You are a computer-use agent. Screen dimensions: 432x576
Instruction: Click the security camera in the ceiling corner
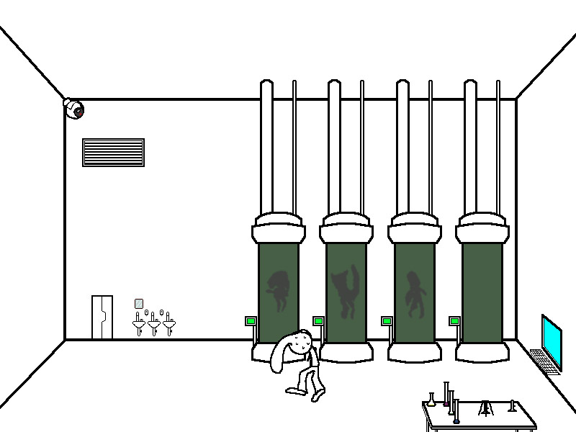pos(73,109)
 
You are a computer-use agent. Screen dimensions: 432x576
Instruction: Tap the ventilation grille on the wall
pos(113,153)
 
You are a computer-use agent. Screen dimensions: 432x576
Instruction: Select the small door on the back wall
pos(102,317)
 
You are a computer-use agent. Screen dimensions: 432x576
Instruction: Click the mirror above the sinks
pos(139,304)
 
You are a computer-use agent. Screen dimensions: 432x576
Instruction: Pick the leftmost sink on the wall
pos(139,325)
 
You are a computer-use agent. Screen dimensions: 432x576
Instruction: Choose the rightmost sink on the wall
pos(168,324)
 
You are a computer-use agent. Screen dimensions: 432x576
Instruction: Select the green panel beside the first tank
pos(251,321)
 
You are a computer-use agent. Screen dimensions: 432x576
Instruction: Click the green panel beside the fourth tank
pos(454,321)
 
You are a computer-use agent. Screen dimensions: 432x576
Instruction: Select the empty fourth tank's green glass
pos(482,292)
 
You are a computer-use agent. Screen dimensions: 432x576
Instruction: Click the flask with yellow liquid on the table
pos(431,401)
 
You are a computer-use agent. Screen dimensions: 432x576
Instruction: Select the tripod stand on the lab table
pos(487,408)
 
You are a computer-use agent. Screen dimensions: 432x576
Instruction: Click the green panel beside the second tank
pos(318,321)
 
